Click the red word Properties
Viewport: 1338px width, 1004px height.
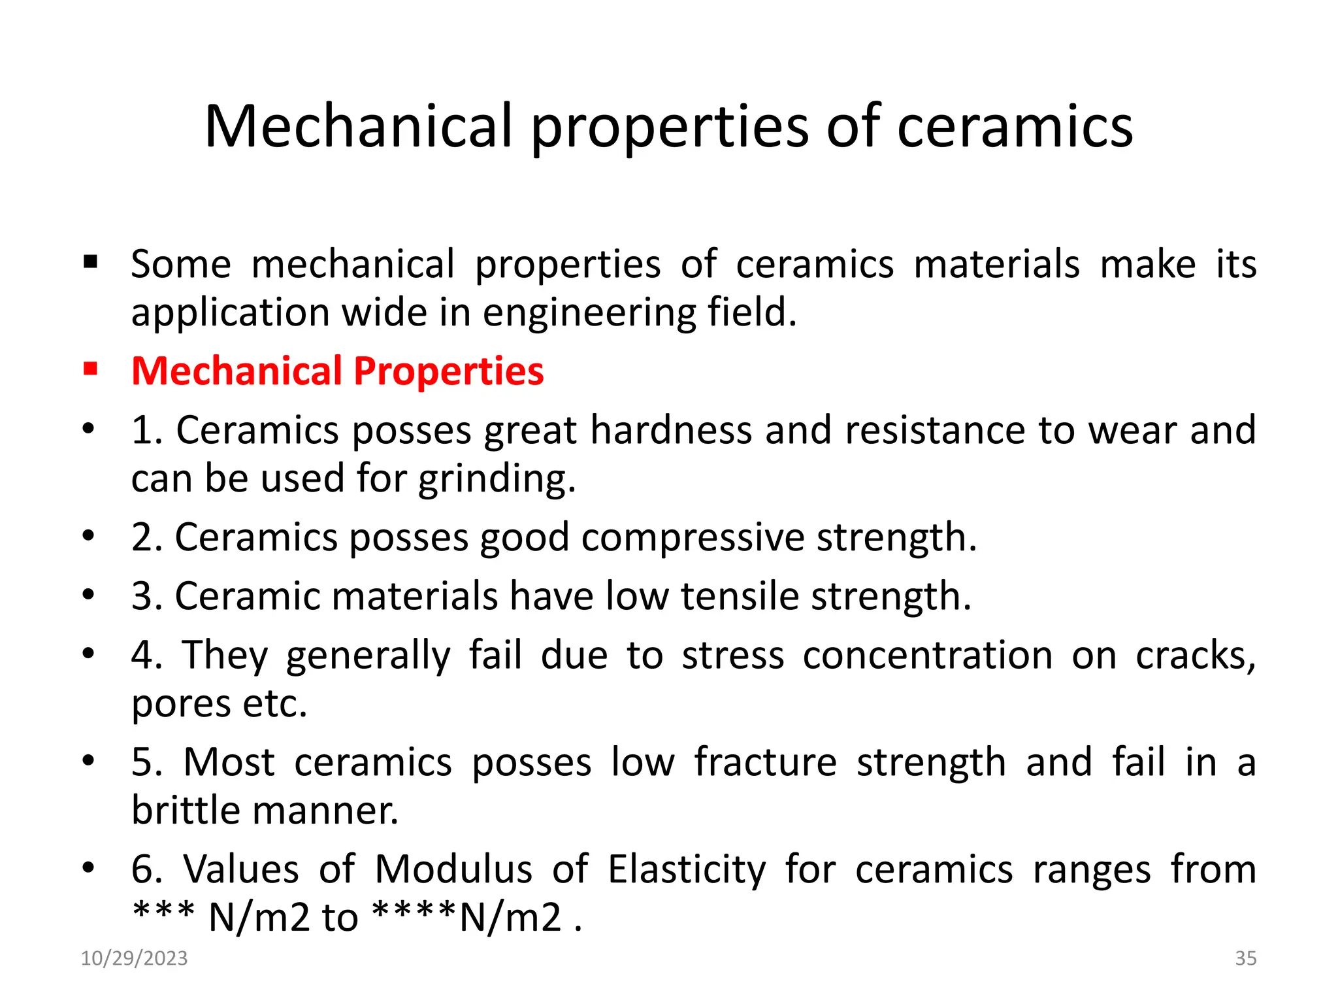point(448,371)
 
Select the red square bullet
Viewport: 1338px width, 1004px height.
point(90,370)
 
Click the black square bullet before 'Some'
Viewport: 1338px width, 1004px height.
point(90,263)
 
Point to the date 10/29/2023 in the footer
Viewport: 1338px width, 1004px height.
point(134,958)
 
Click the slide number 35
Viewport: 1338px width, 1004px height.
point(1245,958)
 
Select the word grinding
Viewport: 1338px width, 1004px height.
point(497,479)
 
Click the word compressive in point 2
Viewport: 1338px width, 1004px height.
point(693,537)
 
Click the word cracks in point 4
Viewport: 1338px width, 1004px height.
point(1195,655)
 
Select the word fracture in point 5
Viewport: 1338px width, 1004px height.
point(765,762)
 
